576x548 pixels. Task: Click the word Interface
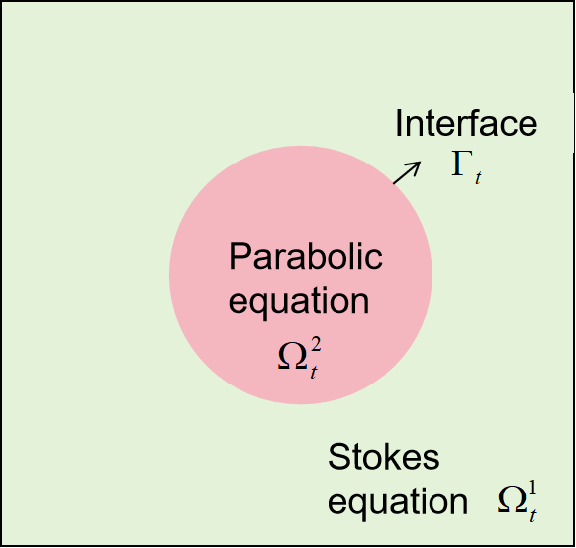pyautogui.click(x=465, y=124)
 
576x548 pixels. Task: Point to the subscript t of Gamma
pyautogui.click(x=478, y=178)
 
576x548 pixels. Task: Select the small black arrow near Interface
pyautogui.click(x=407, y=171)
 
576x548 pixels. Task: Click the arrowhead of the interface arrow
pyautogui.click(x=417, y=164)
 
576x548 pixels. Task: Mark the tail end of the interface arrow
pyautogui.click(x=395, y=182)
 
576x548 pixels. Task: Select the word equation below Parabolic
pyautogui.click(x=299, y=299)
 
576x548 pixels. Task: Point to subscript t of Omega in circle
pyautogui.click(x=314, y=374)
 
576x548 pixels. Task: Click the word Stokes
pyautogui.click(x=383, y=459)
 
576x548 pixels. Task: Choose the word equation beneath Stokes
pyautogui.click(x=397, y=501)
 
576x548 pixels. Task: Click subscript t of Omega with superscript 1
pyautogui.click(x=532, y=516)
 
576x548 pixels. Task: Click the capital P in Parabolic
pyautogui.click(x=240, y=258)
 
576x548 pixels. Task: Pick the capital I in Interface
pyautogui.click(x=400, y=124)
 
